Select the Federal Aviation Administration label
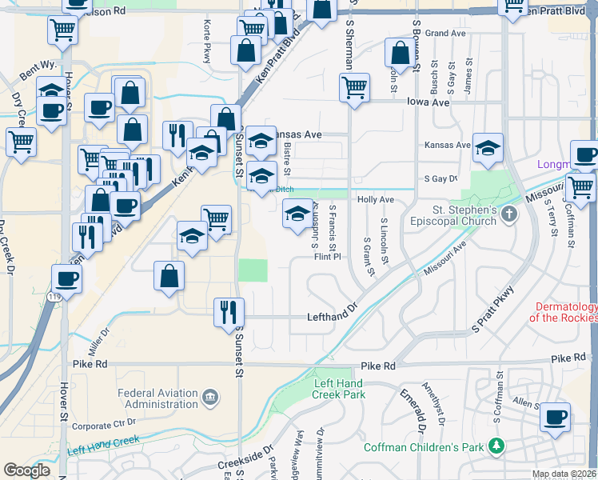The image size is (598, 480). pos(158,398)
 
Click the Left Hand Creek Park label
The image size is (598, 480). pos(340,389)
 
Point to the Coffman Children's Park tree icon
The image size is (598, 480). pos(496,445)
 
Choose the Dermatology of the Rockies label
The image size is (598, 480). pos(564,312)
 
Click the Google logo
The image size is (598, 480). pos(27,470)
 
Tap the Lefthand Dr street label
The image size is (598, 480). pos(331,317)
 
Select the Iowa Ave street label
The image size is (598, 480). pos(429,102)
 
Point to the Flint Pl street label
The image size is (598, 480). pos(328,257)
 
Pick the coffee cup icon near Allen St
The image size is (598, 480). pos(555,416)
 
